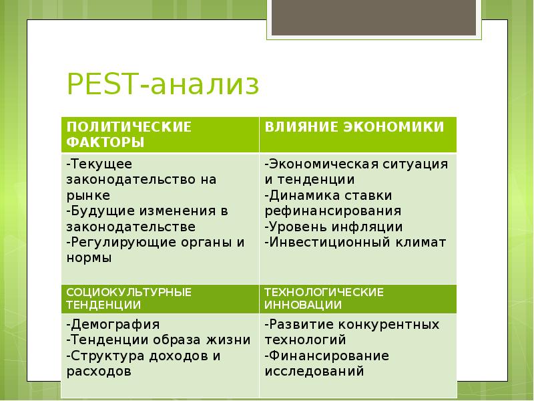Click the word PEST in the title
pos(102,84)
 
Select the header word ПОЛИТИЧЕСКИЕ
pos(129,127)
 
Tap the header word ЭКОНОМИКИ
pos(393,127)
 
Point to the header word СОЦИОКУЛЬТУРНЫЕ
pos(129,292)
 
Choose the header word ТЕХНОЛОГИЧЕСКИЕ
pos(324,292)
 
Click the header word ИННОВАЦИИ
pos(303,305)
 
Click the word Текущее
pos(101,164)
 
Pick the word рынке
pos(88,196)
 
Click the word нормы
pos(89,258)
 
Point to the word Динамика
pos(304,196)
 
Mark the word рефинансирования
pos(332,211)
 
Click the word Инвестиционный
pos(329,243)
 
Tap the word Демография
pos(115,325)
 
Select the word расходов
pos(99,372)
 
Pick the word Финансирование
pos(328,356)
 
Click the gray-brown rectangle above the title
pos(374,17)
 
